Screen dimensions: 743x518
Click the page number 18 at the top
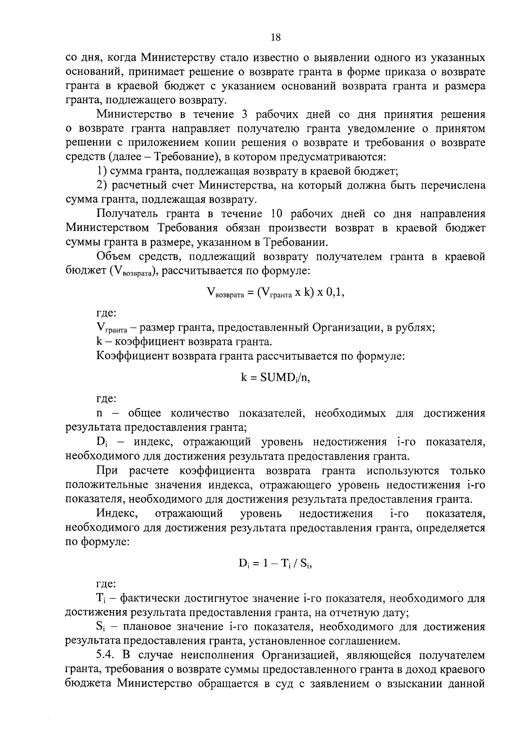[275, 38]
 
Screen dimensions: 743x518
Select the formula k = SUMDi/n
[275, 377]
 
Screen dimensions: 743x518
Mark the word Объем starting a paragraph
[114, 256]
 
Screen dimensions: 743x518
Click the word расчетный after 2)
[140, 185]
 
